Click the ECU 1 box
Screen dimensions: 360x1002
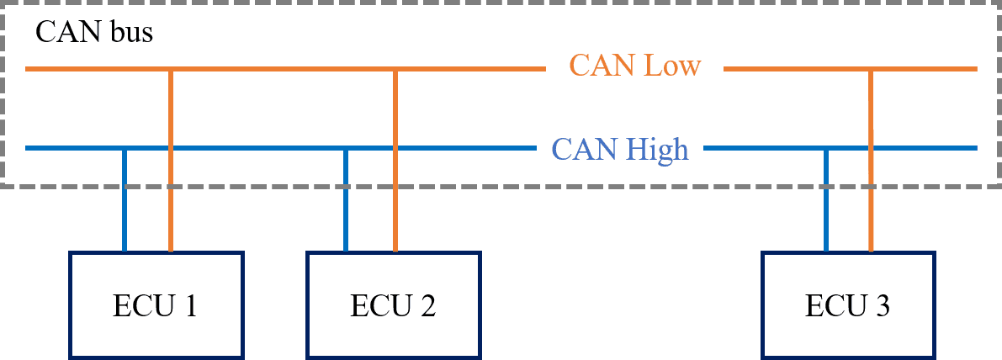coord(156,305)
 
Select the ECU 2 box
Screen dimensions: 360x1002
coord(393,305)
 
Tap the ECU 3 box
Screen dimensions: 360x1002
coord(848,305)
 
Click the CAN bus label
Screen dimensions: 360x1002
coord(94,33)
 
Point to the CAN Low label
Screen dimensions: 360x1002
coord(634,65)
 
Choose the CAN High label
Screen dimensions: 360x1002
coord(620,149)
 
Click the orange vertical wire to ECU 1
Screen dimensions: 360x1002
coord(171,202)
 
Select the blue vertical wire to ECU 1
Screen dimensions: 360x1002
coord(125,202)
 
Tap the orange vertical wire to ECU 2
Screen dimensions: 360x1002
coord(395,202)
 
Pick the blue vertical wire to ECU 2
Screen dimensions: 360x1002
coord(345,202)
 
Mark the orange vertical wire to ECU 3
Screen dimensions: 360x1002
coord(871,202)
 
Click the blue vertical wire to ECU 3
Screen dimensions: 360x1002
coord(826,202)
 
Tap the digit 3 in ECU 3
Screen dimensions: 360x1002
coord(883,305)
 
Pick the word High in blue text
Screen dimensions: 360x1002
coord(657,149)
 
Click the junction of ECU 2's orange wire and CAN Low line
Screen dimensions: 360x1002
coord(395,69)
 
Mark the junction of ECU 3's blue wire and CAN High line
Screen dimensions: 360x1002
coord(826,149)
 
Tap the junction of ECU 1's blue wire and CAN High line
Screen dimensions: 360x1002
coord(125,149)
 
